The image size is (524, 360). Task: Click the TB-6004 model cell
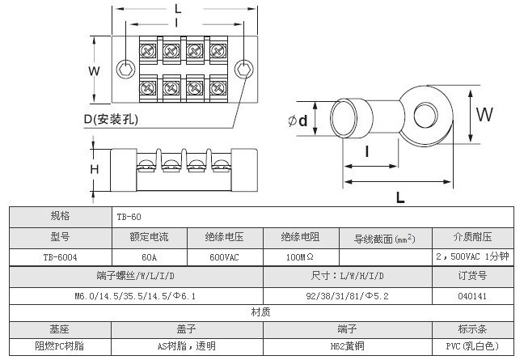tap(60, 257)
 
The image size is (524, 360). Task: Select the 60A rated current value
tap(149, 257)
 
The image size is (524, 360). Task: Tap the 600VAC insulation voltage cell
tap(224, 257)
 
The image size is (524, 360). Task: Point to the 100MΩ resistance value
tap(300, 257)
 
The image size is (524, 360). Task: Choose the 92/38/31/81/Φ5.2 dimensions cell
tap(348, 296)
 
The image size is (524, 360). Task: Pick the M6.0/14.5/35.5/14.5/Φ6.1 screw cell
tap(135, 296)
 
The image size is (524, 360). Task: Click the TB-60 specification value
tap(129, 218)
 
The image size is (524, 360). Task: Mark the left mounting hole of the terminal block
tap(125, 70)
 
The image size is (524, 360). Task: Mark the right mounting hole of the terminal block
tap(243, 70)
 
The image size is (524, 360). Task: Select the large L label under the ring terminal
tap(400, 196)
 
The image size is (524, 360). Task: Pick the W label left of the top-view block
tap(94, 70)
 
